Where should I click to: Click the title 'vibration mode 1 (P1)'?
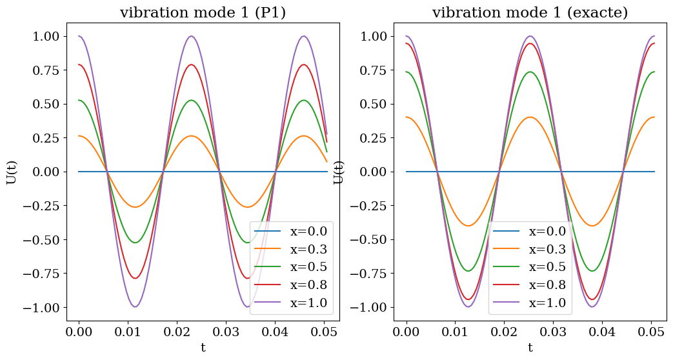coord(203,13)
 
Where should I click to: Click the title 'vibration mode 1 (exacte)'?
coord(530,13)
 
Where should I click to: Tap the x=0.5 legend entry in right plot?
coord(547,267)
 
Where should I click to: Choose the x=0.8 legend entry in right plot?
coord(547,285)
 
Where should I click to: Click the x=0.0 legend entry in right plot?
coord(547,232)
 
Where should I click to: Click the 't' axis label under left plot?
coord(203,348)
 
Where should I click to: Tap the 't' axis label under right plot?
coord(530,348)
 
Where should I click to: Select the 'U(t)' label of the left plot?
coord(12,172)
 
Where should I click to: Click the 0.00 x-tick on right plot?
coord(406,332)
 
